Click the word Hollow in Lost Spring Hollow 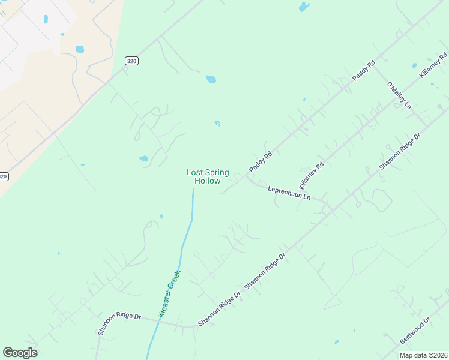pyautogui.click(x=207, y=181)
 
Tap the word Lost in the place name pyautogui.click(x=194, y=172)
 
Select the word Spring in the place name pyautogui.click(x=217, y=172)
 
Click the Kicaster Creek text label pyautogui.click(x=169, y=293)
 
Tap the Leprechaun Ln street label pyautogui.click(x=289, y=192)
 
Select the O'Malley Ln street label pyautogui.click(x=399, y=95)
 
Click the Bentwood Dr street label pyautogui.click(x=415, y=331)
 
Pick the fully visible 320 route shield pyautogui.click(x=131, y=61)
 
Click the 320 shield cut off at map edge pyautogui.click(x=4, y=176)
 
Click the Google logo pyautogui.click(x=20, y=352)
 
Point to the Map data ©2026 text pyautogui.click(x=423, y=355)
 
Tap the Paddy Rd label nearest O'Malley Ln pyautogui.click(x=364, y=70)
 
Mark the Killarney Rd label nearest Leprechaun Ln pyautogui.click(x=312, y=175)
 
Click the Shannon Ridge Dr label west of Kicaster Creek pyautogui.click(x=119, y=323)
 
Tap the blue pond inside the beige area pyautogui.click(x=80, y=49)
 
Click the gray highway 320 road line pyautogui.click(x=90, y=96)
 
